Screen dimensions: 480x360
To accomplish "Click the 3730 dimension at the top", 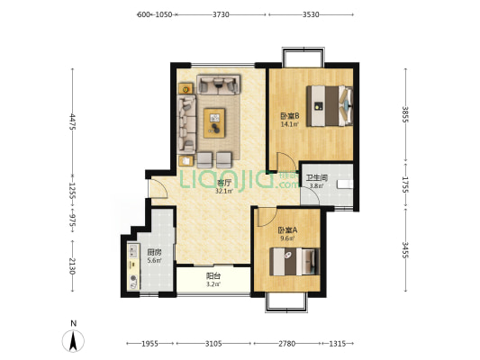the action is pos(221,14).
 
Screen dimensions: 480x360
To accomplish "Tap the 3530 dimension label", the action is pos(311,14).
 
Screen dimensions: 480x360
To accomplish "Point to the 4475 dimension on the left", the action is pos(73,121).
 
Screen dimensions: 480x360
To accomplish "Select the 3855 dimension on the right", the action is pos(405,114).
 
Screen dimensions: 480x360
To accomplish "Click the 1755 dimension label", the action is pos(405,184).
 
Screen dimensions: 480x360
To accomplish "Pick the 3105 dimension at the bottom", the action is pos(213,344).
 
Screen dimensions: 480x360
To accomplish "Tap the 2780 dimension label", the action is pos(287,344).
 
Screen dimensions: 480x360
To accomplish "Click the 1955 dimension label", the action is pos(150,344).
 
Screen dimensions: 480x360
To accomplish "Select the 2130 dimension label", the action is pos(73,266).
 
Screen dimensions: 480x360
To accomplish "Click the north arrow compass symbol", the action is pos(73,341).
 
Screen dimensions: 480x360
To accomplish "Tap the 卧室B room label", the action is pos(290,116).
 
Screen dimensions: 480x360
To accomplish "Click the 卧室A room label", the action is pos(287,230).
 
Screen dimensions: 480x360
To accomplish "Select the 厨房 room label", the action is pos(154,253).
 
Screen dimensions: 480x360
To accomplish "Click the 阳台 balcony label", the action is pos(213,276).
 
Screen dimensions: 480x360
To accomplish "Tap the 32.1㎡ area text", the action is pos(223,191).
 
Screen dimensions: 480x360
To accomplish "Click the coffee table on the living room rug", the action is pos(214,123).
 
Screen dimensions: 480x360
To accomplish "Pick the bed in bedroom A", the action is pos(294,262).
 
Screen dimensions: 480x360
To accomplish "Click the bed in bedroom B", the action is pos(330,106).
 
